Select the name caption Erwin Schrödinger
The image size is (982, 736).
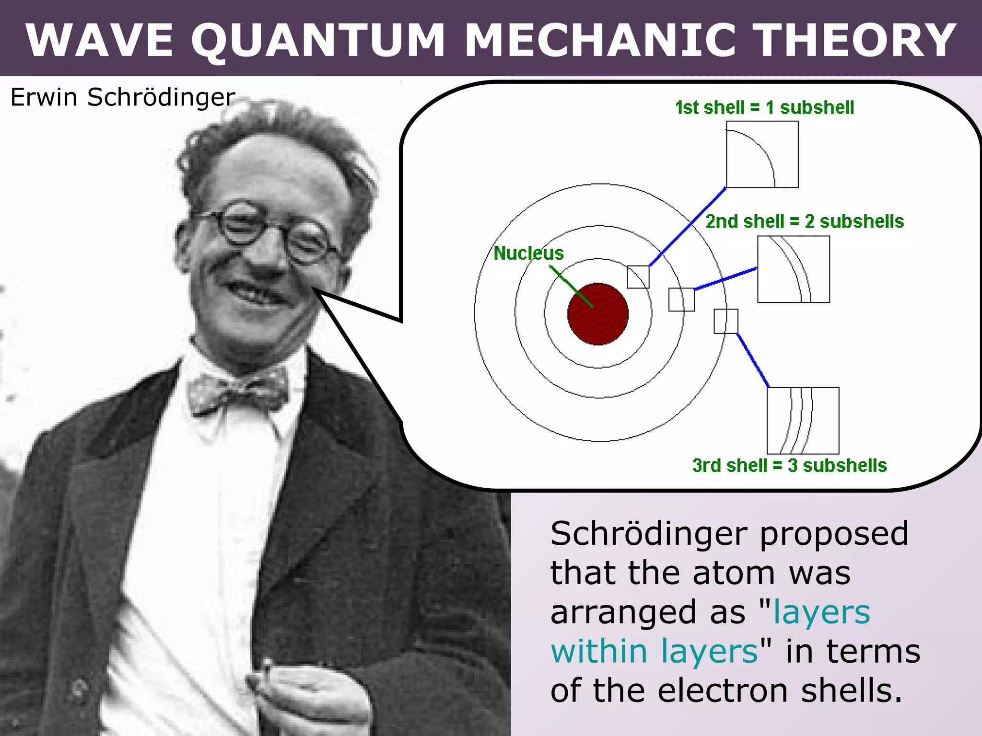123,97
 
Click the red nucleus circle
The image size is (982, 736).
598,314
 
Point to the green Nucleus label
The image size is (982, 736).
528,253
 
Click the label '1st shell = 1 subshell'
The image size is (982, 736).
764,108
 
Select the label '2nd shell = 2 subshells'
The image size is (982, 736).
805,221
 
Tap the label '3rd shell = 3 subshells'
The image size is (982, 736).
789,465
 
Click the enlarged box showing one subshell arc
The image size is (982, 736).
762,154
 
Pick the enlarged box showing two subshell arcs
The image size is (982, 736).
793,269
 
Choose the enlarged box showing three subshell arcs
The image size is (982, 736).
803,421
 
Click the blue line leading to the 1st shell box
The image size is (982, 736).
687,227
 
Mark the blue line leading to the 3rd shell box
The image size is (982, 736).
753,360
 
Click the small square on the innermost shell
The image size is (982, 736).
638,277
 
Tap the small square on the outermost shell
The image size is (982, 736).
726,322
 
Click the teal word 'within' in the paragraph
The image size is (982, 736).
599,652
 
